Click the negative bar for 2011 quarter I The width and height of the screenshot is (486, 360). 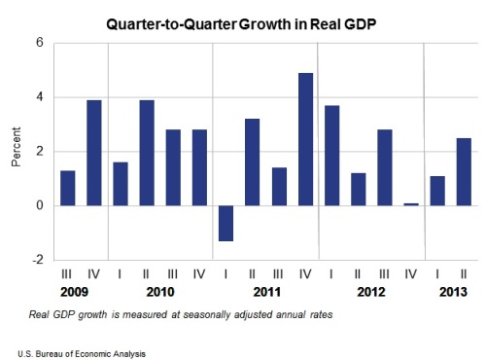(x=226, y=223)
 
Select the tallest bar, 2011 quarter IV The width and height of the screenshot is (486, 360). (x=305, y=139)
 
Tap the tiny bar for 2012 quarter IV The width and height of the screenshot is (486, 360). (x=411, y=204)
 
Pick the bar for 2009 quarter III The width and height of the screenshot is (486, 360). (x=68, y=188)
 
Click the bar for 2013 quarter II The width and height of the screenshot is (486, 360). (x=464, y=172)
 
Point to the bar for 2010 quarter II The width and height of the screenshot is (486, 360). (x=147, y=153)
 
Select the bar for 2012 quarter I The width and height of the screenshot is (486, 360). (x=332, y=156)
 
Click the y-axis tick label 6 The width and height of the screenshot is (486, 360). (x=40, y=43)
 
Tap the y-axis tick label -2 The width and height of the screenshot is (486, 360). (x=38, y=260)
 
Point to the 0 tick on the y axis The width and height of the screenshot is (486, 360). (x=40, y=205)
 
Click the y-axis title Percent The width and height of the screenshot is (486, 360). (x=16, y=147)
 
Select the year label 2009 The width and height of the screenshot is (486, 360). (x=74, y=292)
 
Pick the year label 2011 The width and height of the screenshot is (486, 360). (x=267, y=292)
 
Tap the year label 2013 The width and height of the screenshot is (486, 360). (x=453, y=292)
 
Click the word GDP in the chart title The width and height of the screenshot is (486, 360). (x=360, y=24)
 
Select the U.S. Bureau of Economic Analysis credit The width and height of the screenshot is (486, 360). (x=82, y=354)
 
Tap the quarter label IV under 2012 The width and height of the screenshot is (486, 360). (x=410, y=274)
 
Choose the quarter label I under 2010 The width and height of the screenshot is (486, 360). (x=120, y=274)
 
